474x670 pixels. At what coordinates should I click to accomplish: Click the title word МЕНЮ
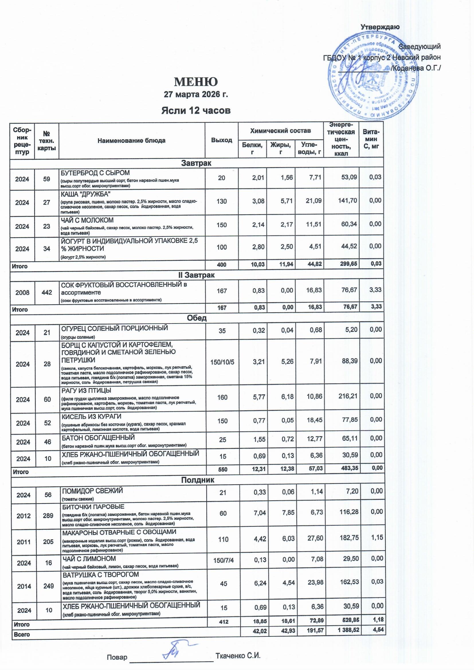pos(196,82)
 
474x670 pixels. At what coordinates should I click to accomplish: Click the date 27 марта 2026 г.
pos(196,95)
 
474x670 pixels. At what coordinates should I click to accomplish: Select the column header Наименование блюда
pos(131,140)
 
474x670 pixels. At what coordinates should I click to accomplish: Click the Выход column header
pos(222,140)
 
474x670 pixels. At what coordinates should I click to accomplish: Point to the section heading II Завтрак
pos(196,275)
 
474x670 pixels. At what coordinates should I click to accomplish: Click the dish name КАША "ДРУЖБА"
pos(85,194)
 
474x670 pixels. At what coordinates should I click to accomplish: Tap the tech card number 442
pos(46,292)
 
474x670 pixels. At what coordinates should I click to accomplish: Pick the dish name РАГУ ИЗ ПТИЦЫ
pos(86,390)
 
